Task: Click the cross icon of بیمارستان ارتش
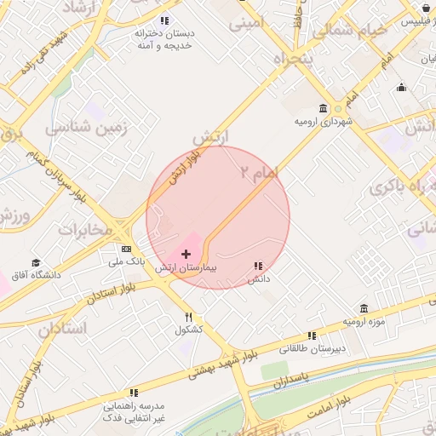(186, 254)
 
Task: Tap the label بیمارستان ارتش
(186, 267)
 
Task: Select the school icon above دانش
(258, 266)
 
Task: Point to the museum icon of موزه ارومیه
(364, 308)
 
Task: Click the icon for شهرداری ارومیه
(323, 108)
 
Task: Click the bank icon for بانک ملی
(126, 249)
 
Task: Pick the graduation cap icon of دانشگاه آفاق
(36, 262)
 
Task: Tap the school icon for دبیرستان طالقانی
(312, 336)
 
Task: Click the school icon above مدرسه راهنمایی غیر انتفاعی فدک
(134, 393)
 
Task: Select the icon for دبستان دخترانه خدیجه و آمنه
(164, 20)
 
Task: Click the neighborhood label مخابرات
(85, 229)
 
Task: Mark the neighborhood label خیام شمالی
(348, 32)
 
